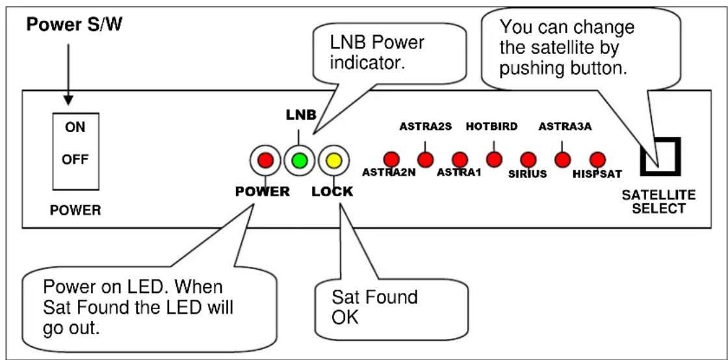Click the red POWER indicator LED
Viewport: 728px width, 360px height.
coord(266,161)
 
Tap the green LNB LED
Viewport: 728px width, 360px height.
coord(300,161)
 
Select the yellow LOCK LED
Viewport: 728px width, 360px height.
coord(333,161)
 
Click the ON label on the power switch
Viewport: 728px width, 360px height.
coord(75,127)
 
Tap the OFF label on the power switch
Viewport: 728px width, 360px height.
coord(75,160)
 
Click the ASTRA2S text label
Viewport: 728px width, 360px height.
coord(425,127)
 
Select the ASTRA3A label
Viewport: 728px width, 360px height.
coord(565,127)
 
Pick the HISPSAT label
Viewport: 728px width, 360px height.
coord(597,174)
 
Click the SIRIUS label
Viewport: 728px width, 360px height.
coord(527,174)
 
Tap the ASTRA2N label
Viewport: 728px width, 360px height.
coord(389,173)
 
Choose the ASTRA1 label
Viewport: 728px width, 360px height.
coord(459,174)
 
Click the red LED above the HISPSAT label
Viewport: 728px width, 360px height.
coord(597,160)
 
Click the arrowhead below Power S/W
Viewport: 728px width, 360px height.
coord(68,99)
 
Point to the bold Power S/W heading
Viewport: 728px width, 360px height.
coord(74,25)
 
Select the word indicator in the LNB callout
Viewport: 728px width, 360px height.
coord(367,62)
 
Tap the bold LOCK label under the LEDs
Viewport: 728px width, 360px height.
coord(332,192)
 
